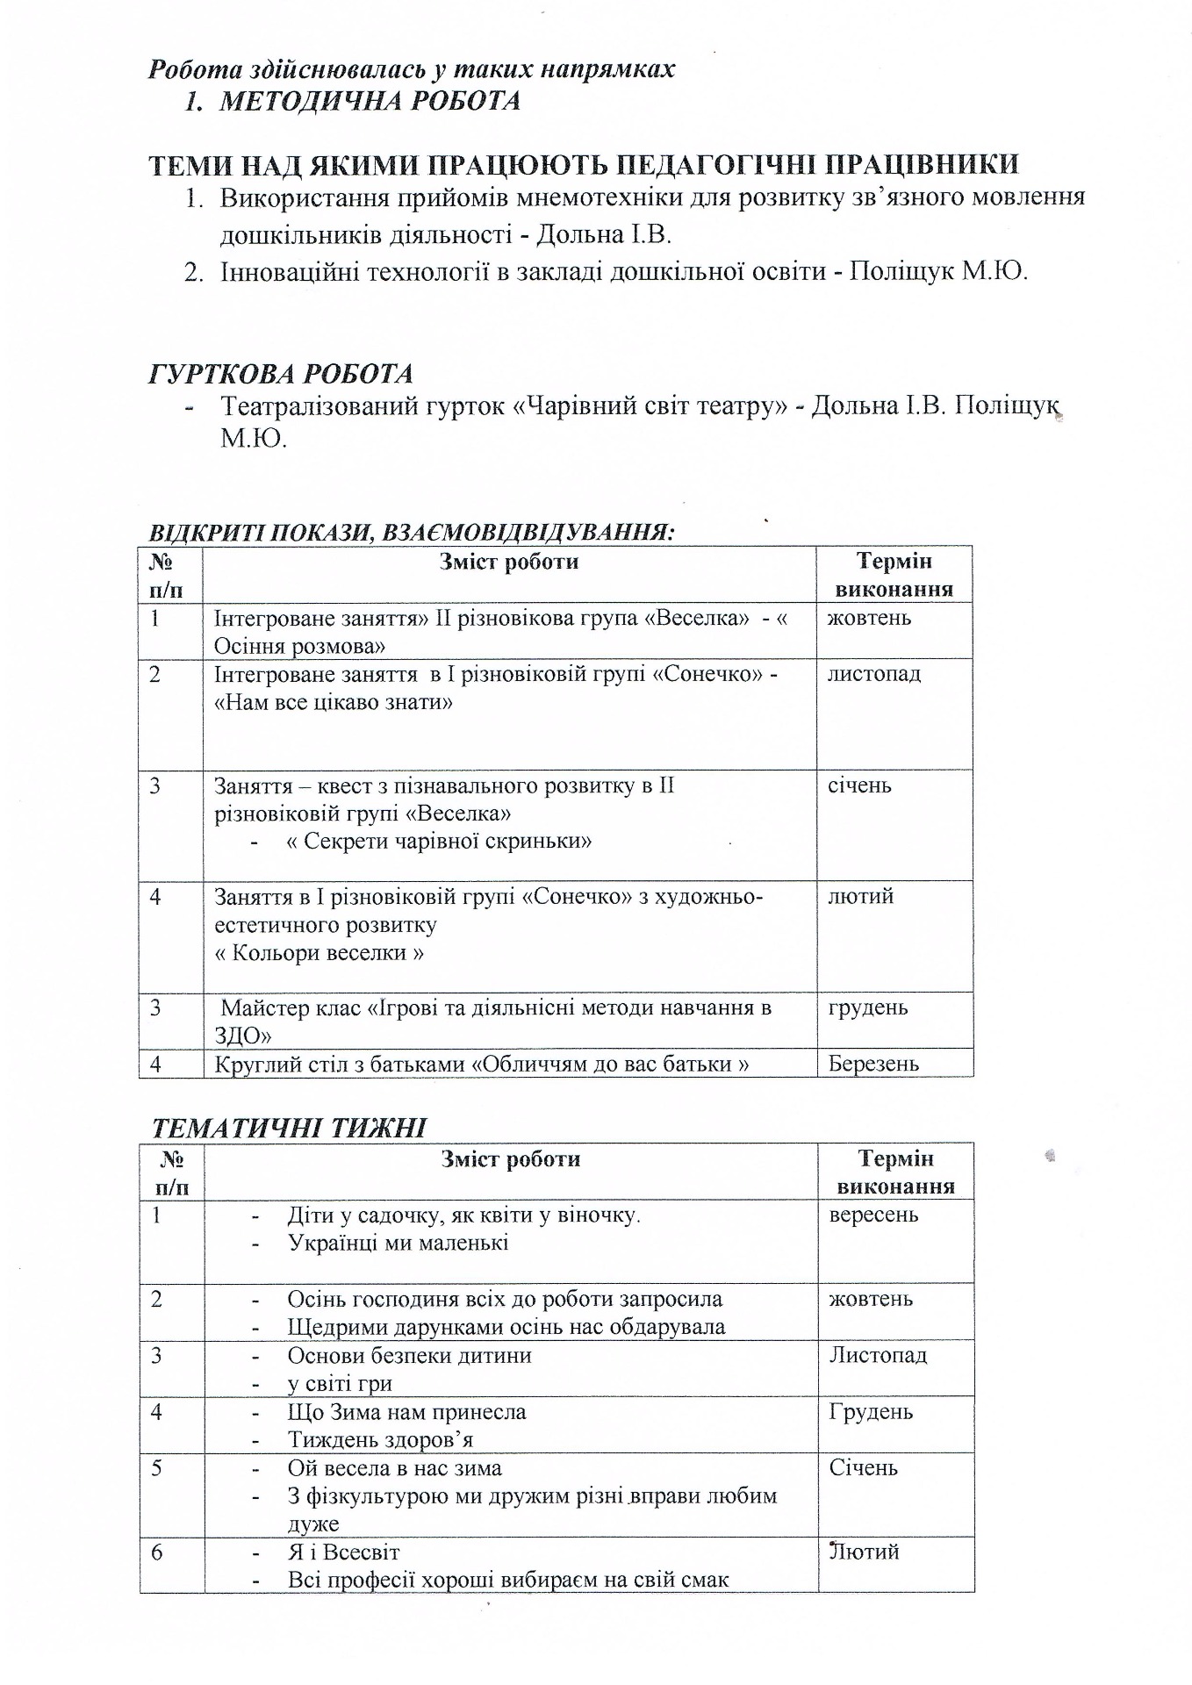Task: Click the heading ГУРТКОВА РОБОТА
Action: tap(280, 375)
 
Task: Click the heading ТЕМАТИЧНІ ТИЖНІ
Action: tap(290, 1128)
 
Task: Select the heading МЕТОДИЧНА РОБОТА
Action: tap(369, 102)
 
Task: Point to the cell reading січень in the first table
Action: tap(859, 785)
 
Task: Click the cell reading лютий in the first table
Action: tap(860, 896)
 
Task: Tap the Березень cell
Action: tap(873, 1064)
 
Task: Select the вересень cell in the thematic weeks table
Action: tap(873, 1215)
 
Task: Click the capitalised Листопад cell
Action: tap(877, 1355)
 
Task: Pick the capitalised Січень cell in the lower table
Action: tap(863, 1467)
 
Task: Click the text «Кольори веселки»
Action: tap(320, 953)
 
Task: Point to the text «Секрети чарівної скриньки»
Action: tap(439, 842)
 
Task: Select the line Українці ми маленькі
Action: tap(398, 1243)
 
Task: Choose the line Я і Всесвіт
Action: tap(343, 1552)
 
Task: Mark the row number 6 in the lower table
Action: tap(156, 1552)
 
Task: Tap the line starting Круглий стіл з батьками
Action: tap(481, 1064)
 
